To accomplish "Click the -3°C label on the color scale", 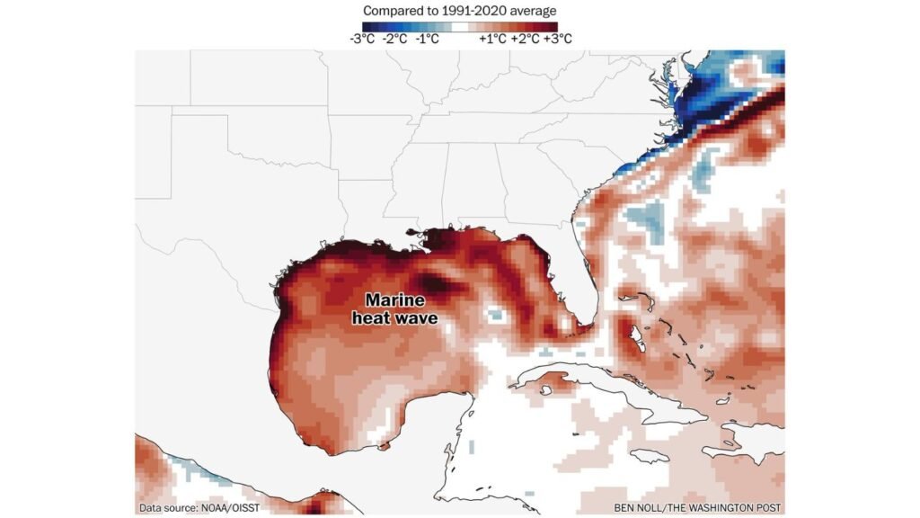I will tap(362, 39).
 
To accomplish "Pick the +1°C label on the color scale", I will tap(492, 39).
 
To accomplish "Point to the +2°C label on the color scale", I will tap(526, 39).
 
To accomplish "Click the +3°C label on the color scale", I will tap(557, 39).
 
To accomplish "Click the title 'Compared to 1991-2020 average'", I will tap(459, 10).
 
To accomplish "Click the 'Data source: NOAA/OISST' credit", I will tap(199, 508).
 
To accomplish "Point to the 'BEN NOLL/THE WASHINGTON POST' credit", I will tap(698, 508).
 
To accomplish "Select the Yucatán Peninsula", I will tap(431, 423).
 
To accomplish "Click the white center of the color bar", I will tap(459, 25).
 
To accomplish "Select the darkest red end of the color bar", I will tap(553, 25).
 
